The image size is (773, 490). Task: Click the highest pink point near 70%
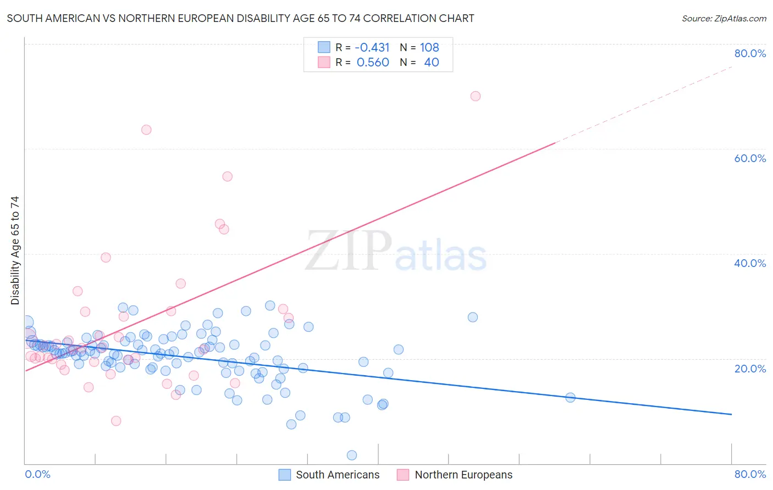click(476, 96)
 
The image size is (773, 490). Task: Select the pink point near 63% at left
click(146, 130)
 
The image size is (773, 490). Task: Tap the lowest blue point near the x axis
click(352, 455)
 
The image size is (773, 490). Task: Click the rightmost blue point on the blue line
click(570, 397)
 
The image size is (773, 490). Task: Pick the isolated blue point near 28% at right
click(473, 317)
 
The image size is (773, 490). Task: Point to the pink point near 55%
click(228, 176)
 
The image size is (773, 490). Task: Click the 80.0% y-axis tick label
click(750, 53)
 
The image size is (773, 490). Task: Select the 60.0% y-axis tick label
click(750, 158)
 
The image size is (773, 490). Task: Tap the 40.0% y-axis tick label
click(750, 263)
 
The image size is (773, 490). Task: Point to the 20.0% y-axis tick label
click(750, 368)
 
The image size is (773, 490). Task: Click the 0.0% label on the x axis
click(37, 474)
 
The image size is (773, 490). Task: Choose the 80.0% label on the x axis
click(750, 474)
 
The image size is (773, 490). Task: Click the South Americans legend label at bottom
click(338, 475)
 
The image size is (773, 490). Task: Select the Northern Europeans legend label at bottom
click(463, 475)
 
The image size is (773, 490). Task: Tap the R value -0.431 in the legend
click(372, 47)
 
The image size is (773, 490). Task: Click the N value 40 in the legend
click(432, 62)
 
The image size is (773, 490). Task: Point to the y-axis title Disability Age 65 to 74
click(15, 250)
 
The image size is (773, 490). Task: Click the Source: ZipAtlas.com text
click(724, 18)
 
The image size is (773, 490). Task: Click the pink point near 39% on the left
click(106, 257)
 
